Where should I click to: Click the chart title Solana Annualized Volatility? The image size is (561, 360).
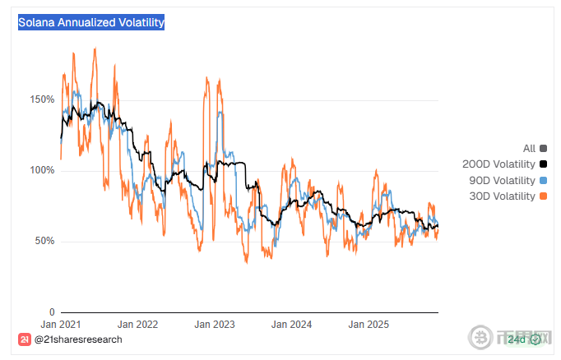pyautogui.click(x=91, y=22)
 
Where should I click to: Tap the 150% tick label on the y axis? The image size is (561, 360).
pyautogui.click(x=41, y=99)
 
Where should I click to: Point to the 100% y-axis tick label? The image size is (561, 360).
pyautogui.click(x=41, y=170)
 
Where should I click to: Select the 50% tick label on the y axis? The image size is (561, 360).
pyautogui.click(x=44, y=241)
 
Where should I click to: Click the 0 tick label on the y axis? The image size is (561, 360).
pyautogui.click(x=51, y=312)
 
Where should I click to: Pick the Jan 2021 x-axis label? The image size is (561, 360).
pyautogui.click(x=60, y=325)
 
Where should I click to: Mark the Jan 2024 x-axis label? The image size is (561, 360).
pyautogui.click(x=292, y=325)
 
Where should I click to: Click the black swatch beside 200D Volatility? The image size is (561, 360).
pyautogui.click(x=543, y=164)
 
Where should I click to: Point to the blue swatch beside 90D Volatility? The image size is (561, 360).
pyautogui.click(x=543, y=180)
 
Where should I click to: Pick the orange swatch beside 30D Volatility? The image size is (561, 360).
pyautogui.click(x=543, y=196)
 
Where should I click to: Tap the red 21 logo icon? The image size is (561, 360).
pyautogui.click(x=25, y=339)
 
